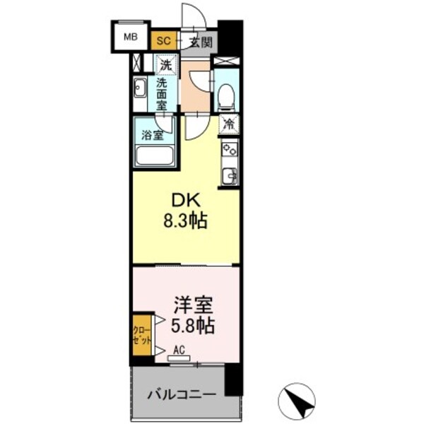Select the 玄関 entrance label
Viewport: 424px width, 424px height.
coord(201,42)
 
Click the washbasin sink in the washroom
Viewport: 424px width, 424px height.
coord(140,90)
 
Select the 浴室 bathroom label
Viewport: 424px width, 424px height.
coord(151,134)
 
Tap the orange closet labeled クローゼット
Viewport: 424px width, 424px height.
coord(141,332)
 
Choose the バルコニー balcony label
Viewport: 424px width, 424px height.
coord(177,394)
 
